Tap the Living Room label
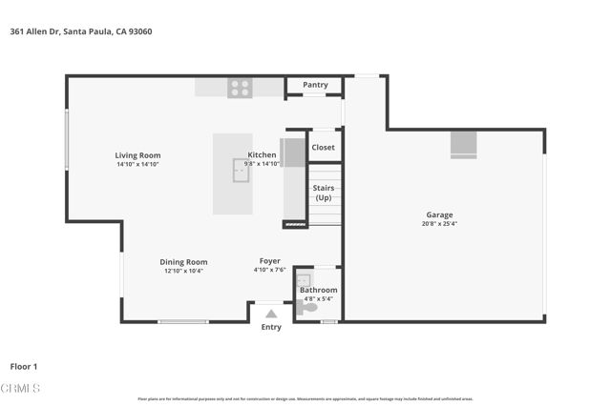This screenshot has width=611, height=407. tap(137, 155)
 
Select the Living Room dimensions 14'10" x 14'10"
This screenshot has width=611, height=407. tap(137, 165)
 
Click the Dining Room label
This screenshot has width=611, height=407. tap(183, 262)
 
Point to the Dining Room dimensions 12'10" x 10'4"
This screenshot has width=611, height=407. tap(183, 271)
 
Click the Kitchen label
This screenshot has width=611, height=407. tap(262, 154)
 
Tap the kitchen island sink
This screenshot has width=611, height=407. tap(241, 170)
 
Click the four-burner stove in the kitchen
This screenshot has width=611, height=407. tap(240, 88)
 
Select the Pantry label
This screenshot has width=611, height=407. tap(315, 85)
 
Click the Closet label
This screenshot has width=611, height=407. tap(323, 148)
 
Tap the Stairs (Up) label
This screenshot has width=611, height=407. tap(323, 193)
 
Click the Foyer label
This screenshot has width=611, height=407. tap(270, 261)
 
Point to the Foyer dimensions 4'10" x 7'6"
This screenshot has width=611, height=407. tap(270, 271)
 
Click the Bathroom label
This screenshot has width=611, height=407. tap(318, 290)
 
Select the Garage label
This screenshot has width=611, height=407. tap(439, 215)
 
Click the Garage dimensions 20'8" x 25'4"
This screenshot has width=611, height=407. tap(439, 225)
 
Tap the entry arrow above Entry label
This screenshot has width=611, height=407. tap(271, 313)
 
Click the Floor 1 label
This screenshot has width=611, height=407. tap(24, 366)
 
